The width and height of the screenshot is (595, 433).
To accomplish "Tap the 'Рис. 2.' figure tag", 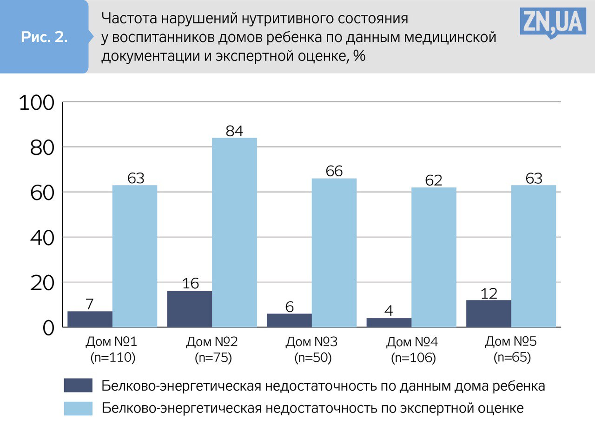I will [44, 38].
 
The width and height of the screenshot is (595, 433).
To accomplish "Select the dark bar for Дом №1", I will [90, 319].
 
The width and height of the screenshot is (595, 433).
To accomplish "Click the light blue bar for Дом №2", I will [234, 232].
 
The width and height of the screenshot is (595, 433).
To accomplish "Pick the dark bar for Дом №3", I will [289, 320].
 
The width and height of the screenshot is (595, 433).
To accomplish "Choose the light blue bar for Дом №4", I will [434, 257].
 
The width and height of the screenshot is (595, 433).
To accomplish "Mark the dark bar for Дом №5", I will [489, 313].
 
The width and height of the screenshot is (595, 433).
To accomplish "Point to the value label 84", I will [234, 131].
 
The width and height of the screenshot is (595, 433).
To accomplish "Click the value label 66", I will [334, 171].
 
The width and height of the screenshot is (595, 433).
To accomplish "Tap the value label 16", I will [190, 284].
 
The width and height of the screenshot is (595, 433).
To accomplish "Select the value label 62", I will [433, 180].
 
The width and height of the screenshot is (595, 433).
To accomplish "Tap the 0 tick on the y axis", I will [49, 328].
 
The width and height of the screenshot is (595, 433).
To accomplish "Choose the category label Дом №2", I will [212, 343].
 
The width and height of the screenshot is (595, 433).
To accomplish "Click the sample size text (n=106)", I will [413, 358].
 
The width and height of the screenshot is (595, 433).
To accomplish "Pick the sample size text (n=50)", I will [312, 358].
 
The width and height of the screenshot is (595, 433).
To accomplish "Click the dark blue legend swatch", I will [78, 386].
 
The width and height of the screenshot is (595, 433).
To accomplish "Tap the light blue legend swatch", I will [78, 408].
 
